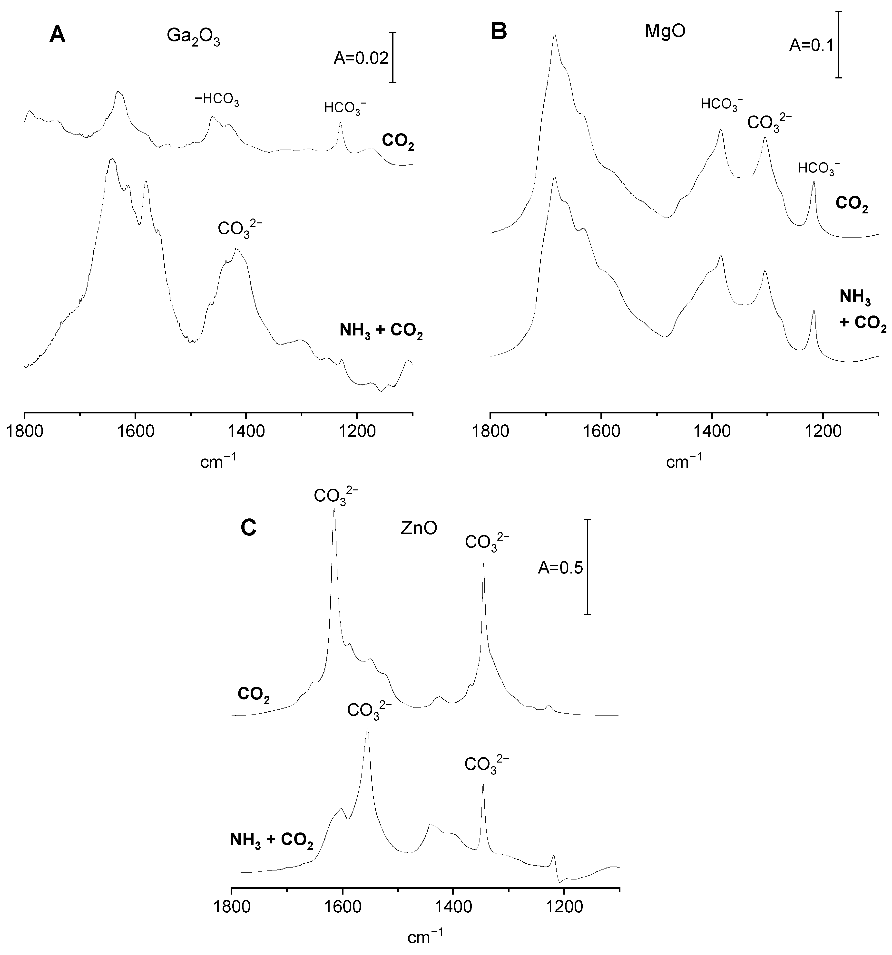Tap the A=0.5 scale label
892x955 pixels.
click(x=560, y=568)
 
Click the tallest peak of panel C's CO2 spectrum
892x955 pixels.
click(x=334, y=510)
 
